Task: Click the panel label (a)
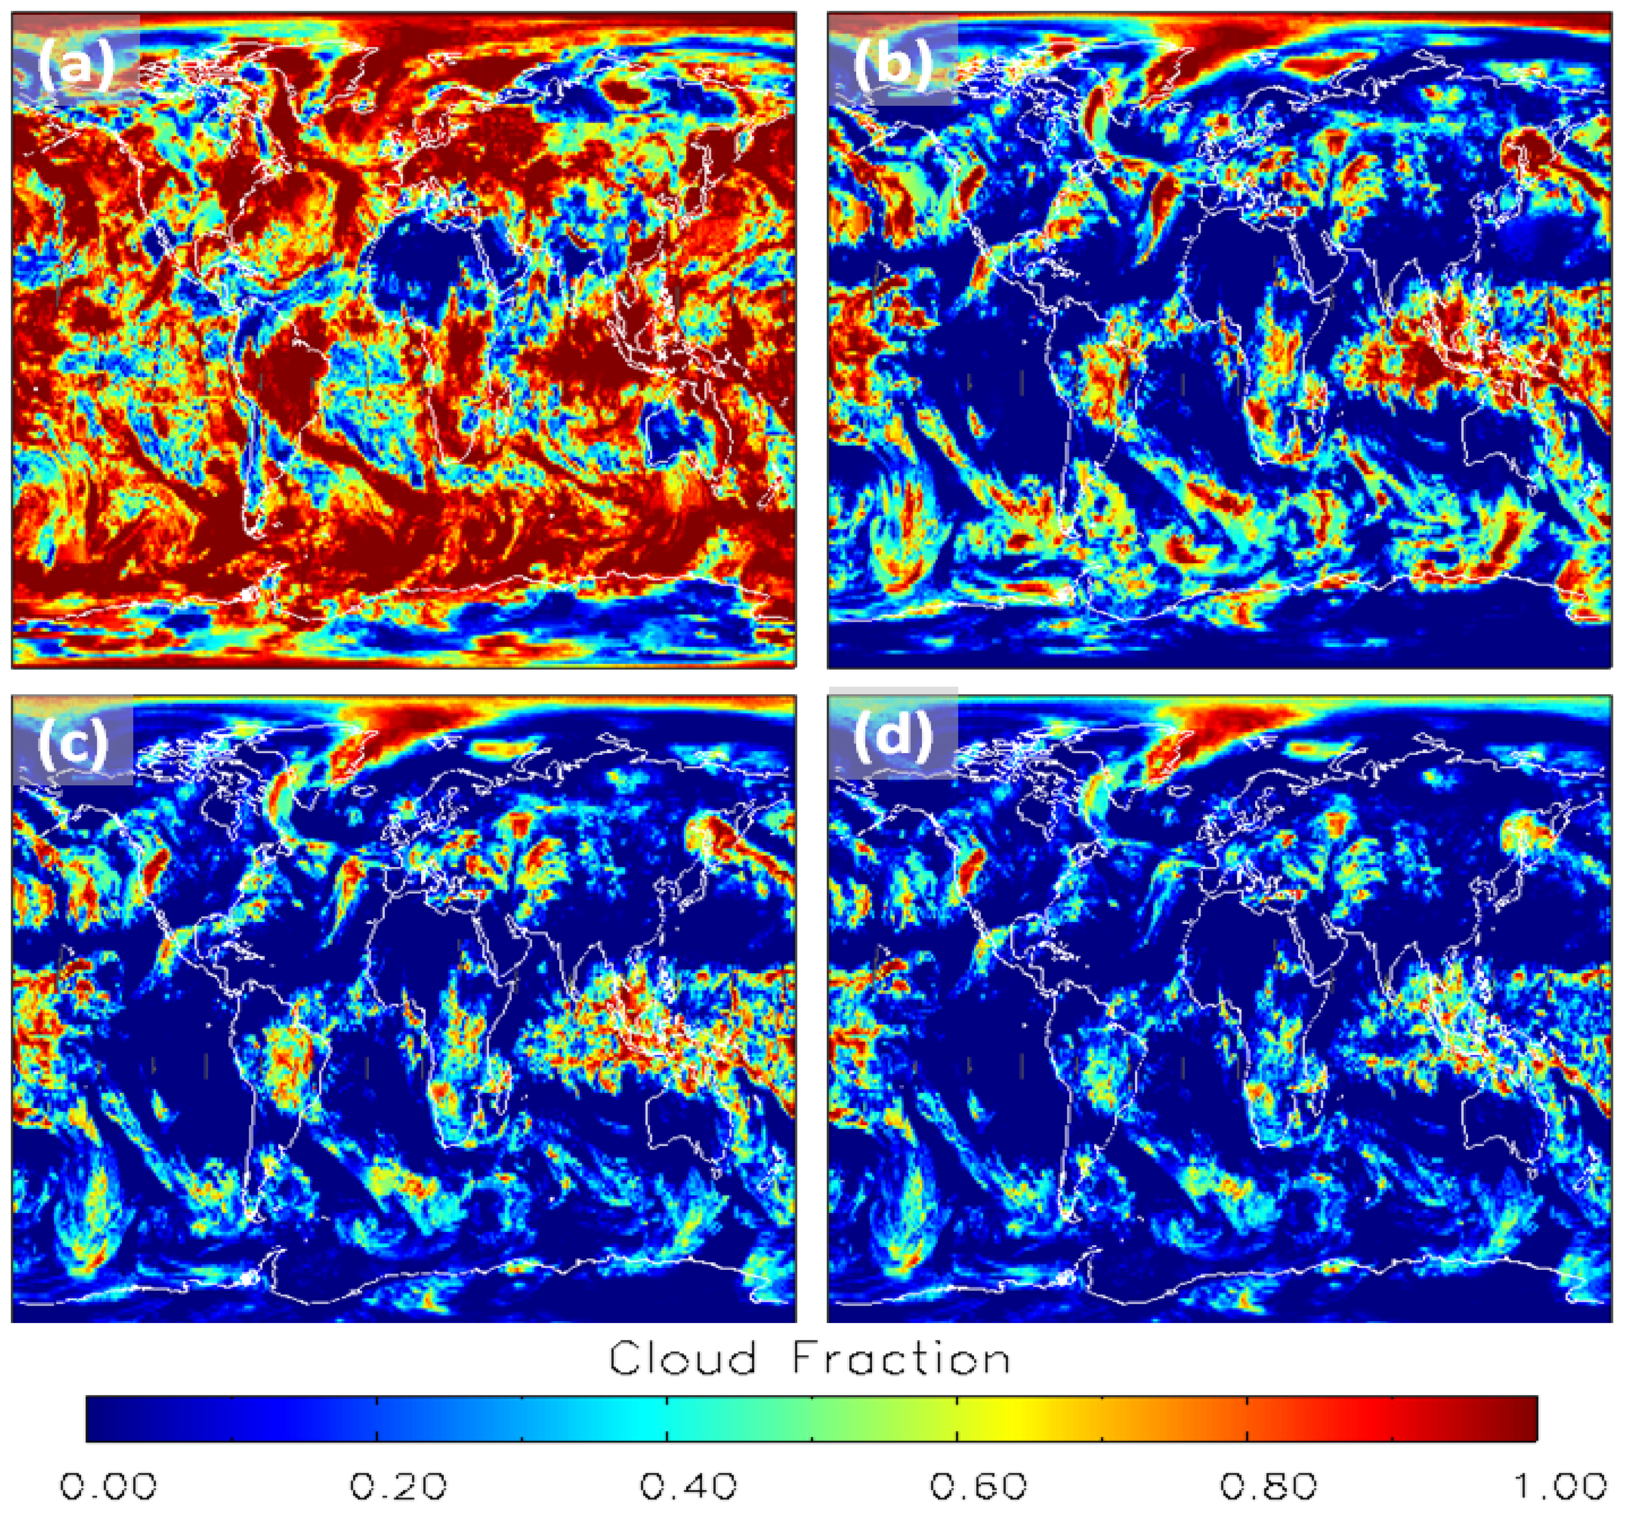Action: tap(75, 65)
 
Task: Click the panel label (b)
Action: tap(892, 65)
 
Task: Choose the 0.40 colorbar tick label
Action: tap(688, 1486)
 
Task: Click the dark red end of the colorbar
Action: tap(1520, 1418)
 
